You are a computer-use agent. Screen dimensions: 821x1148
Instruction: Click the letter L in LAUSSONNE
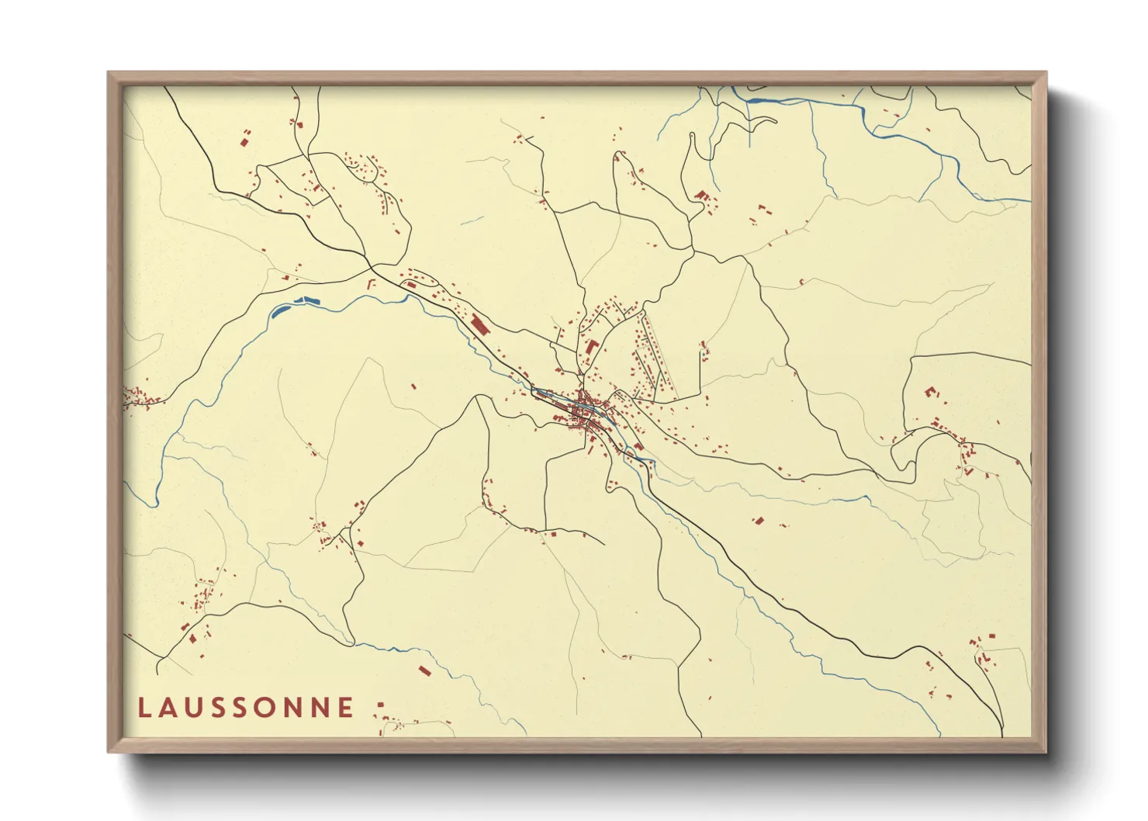click(x=143, y=708)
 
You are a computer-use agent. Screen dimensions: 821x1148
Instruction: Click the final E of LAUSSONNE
click(x=347, y=708)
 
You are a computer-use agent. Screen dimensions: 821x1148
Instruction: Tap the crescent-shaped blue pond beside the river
click(x=279, y=310)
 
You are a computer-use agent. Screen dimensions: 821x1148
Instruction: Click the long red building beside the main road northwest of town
click(x=479, y=323)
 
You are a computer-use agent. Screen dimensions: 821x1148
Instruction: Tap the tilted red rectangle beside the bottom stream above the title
click(x=424, y=670)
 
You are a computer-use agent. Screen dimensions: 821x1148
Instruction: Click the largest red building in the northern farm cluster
click(x=701, y=195)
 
